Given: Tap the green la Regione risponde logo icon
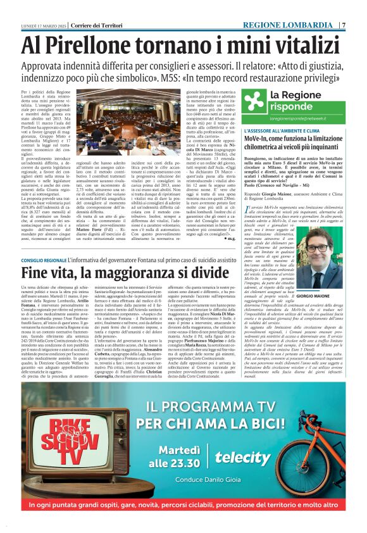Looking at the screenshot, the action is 255,101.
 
